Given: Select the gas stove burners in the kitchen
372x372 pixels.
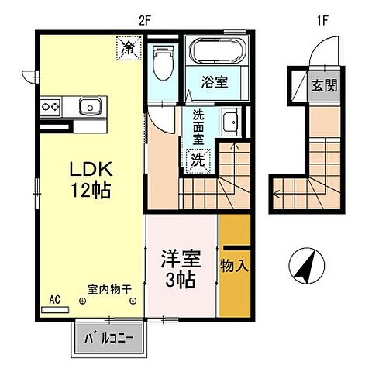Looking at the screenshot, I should point(50,105).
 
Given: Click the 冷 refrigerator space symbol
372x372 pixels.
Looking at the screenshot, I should point(128,48).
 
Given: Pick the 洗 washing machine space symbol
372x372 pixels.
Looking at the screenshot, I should point(198,161).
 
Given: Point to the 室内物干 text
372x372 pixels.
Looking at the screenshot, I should point(109,290).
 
